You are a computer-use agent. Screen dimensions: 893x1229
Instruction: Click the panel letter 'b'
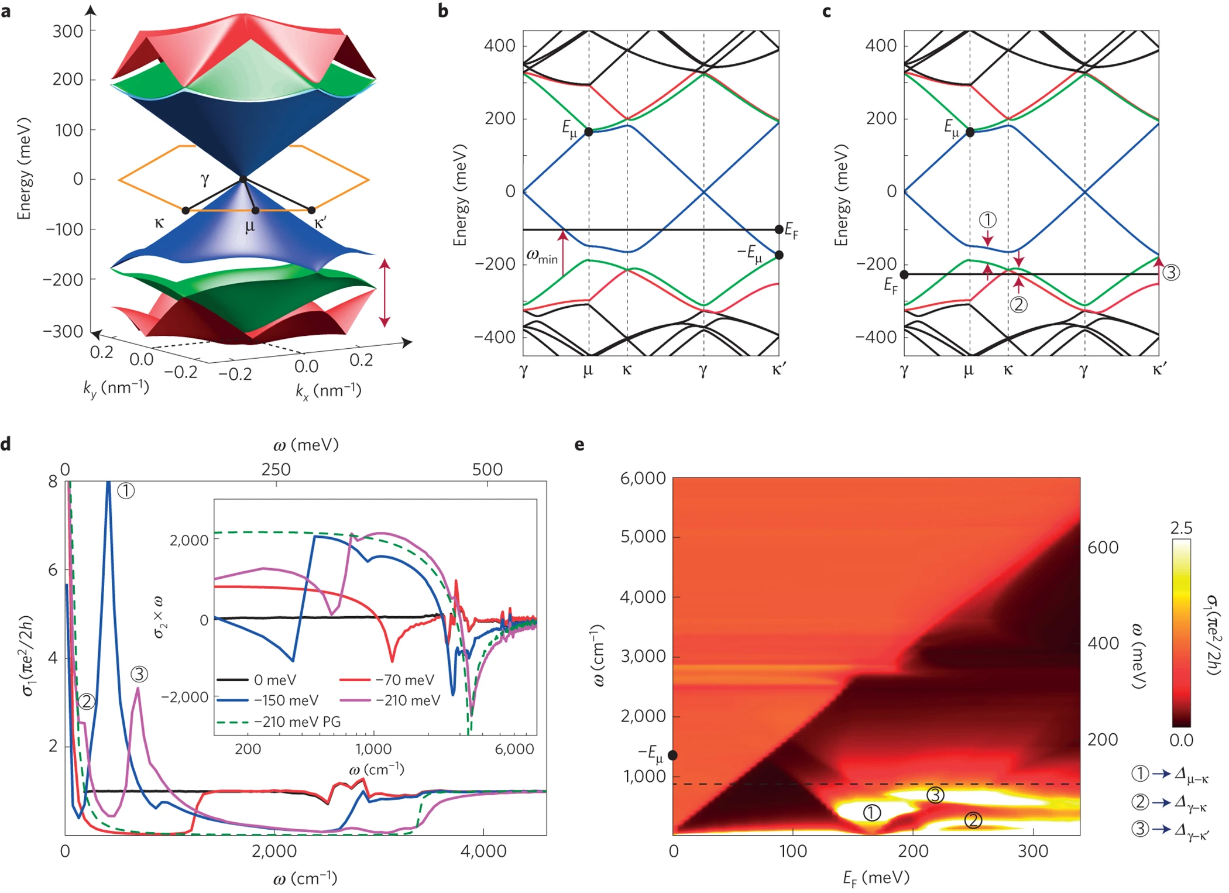443,11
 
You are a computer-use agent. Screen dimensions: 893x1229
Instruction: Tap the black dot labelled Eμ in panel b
589,132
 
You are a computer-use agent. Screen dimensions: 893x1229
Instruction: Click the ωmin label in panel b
542,256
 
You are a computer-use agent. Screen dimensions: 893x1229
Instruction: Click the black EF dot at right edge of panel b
779,229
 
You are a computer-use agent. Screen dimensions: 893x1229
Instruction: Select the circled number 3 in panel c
1171,272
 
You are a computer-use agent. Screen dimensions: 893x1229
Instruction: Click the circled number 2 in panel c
1019,304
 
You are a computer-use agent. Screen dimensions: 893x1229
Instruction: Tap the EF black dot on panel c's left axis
904,274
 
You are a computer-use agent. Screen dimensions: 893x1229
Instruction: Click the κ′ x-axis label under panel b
779,369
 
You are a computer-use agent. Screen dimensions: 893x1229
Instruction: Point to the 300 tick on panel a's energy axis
68,31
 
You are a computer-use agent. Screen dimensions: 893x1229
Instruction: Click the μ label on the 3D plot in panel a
250,226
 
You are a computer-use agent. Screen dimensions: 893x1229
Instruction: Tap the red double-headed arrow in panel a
385,293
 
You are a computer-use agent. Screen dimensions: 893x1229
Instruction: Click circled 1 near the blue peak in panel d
126,490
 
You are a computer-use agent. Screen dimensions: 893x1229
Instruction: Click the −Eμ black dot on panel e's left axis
673,755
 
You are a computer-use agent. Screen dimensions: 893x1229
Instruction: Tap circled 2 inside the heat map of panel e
973,820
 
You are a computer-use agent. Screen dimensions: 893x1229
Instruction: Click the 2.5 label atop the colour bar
1181,528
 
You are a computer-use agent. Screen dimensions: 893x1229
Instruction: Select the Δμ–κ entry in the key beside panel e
1191,775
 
